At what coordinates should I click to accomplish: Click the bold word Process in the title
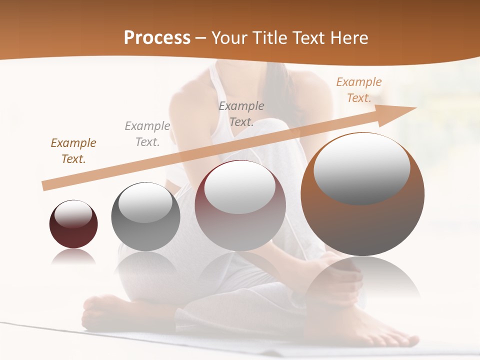(157, 38)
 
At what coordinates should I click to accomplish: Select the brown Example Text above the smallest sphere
(73, 151)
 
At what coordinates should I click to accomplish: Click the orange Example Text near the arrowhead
(359, 90)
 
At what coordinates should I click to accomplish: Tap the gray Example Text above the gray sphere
(147, 134)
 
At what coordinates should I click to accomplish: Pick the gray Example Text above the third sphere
(241, 114)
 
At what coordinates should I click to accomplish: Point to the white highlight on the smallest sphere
(73, 214)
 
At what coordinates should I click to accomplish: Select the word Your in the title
(229, 38)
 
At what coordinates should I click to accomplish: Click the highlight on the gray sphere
(145, 202)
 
